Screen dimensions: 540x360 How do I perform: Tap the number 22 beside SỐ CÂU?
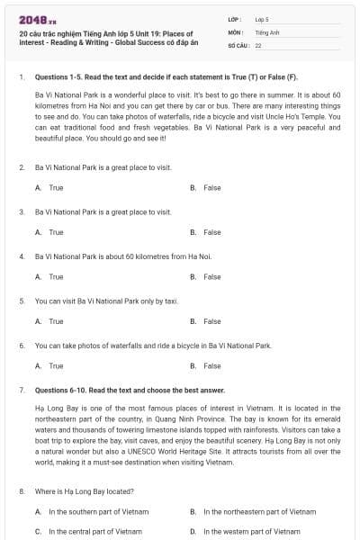pos(257,44)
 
